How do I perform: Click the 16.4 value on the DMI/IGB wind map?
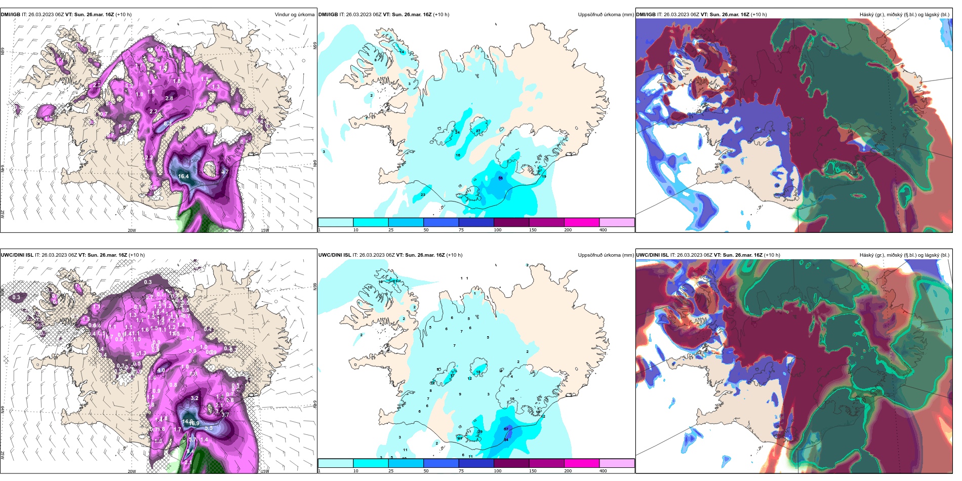(183, 177)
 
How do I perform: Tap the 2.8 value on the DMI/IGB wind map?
(169, 98)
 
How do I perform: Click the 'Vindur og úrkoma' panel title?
(294, 15)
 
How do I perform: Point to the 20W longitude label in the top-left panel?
(132, 230)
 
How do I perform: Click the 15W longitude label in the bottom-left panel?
(264, 471)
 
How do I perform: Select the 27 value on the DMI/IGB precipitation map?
(478, 131)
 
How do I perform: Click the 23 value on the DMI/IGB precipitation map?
(423, 194)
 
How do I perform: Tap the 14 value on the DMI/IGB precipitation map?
(402, 52)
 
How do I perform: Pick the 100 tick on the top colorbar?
(498, 230)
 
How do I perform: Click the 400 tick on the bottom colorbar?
(603, 471)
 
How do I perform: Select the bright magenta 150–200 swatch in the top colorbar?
(581, 222)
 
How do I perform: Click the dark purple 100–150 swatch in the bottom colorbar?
(511, 463)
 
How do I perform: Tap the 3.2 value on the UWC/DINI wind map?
(194, 398)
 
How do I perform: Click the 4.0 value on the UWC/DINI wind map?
(161, 370)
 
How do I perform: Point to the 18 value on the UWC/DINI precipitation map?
(478, 372)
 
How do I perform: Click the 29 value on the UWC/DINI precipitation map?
(480, 431)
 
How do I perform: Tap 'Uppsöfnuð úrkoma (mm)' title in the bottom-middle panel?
(606, 255)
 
